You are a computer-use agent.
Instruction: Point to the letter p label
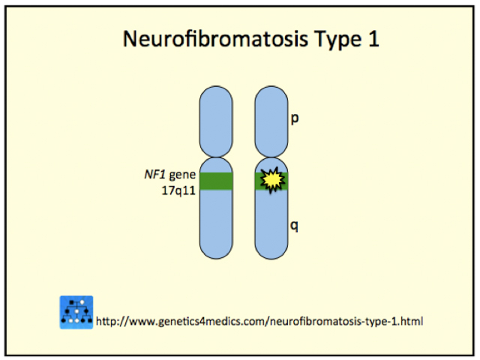pos(295,118)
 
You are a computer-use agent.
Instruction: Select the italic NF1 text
pos(154,175)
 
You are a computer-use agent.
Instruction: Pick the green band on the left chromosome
pos(216,181)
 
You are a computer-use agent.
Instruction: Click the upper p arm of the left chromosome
pos(216,120)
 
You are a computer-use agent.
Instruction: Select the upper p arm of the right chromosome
pos(271,120)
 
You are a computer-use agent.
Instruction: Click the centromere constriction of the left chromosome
pos(216,155)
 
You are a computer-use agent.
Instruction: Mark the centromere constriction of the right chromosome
pos(271,155)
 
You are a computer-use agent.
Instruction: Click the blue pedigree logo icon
pos(76,312)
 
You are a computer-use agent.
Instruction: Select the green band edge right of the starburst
pos(286,181)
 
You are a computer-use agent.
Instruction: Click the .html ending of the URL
pos(410,322)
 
